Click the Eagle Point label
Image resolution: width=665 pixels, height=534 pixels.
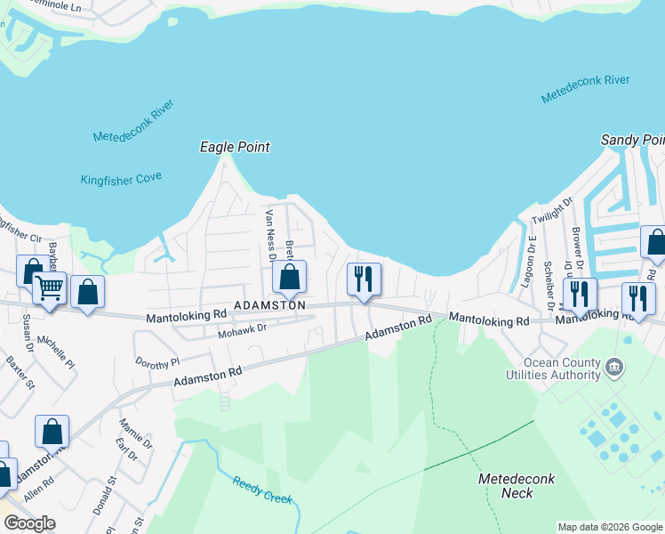[x=235, y=147]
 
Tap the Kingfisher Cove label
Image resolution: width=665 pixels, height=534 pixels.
[x=121, y=179]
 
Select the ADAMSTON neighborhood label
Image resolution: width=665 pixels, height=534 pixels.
[x=269, y=305]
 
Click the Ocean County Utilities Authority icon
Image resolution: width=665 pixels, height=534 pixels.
[x=614, y=366]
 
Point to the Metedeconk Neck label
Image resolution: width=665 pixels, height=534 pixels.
[x=517, y=486]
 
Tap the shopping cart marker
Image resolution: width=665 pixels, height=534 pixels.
[x=50, y=287]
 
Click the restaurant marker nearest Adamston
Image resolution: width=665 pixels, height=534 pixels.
[x=364, y=279]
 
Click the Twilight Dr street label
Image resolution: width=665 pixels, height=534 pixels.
[x=548, y=214]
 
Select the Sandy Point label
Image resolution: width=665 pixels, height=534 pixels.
[x=632, y=140]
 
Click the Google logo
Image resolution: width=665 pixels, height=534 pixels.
[x=29, y=523]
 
